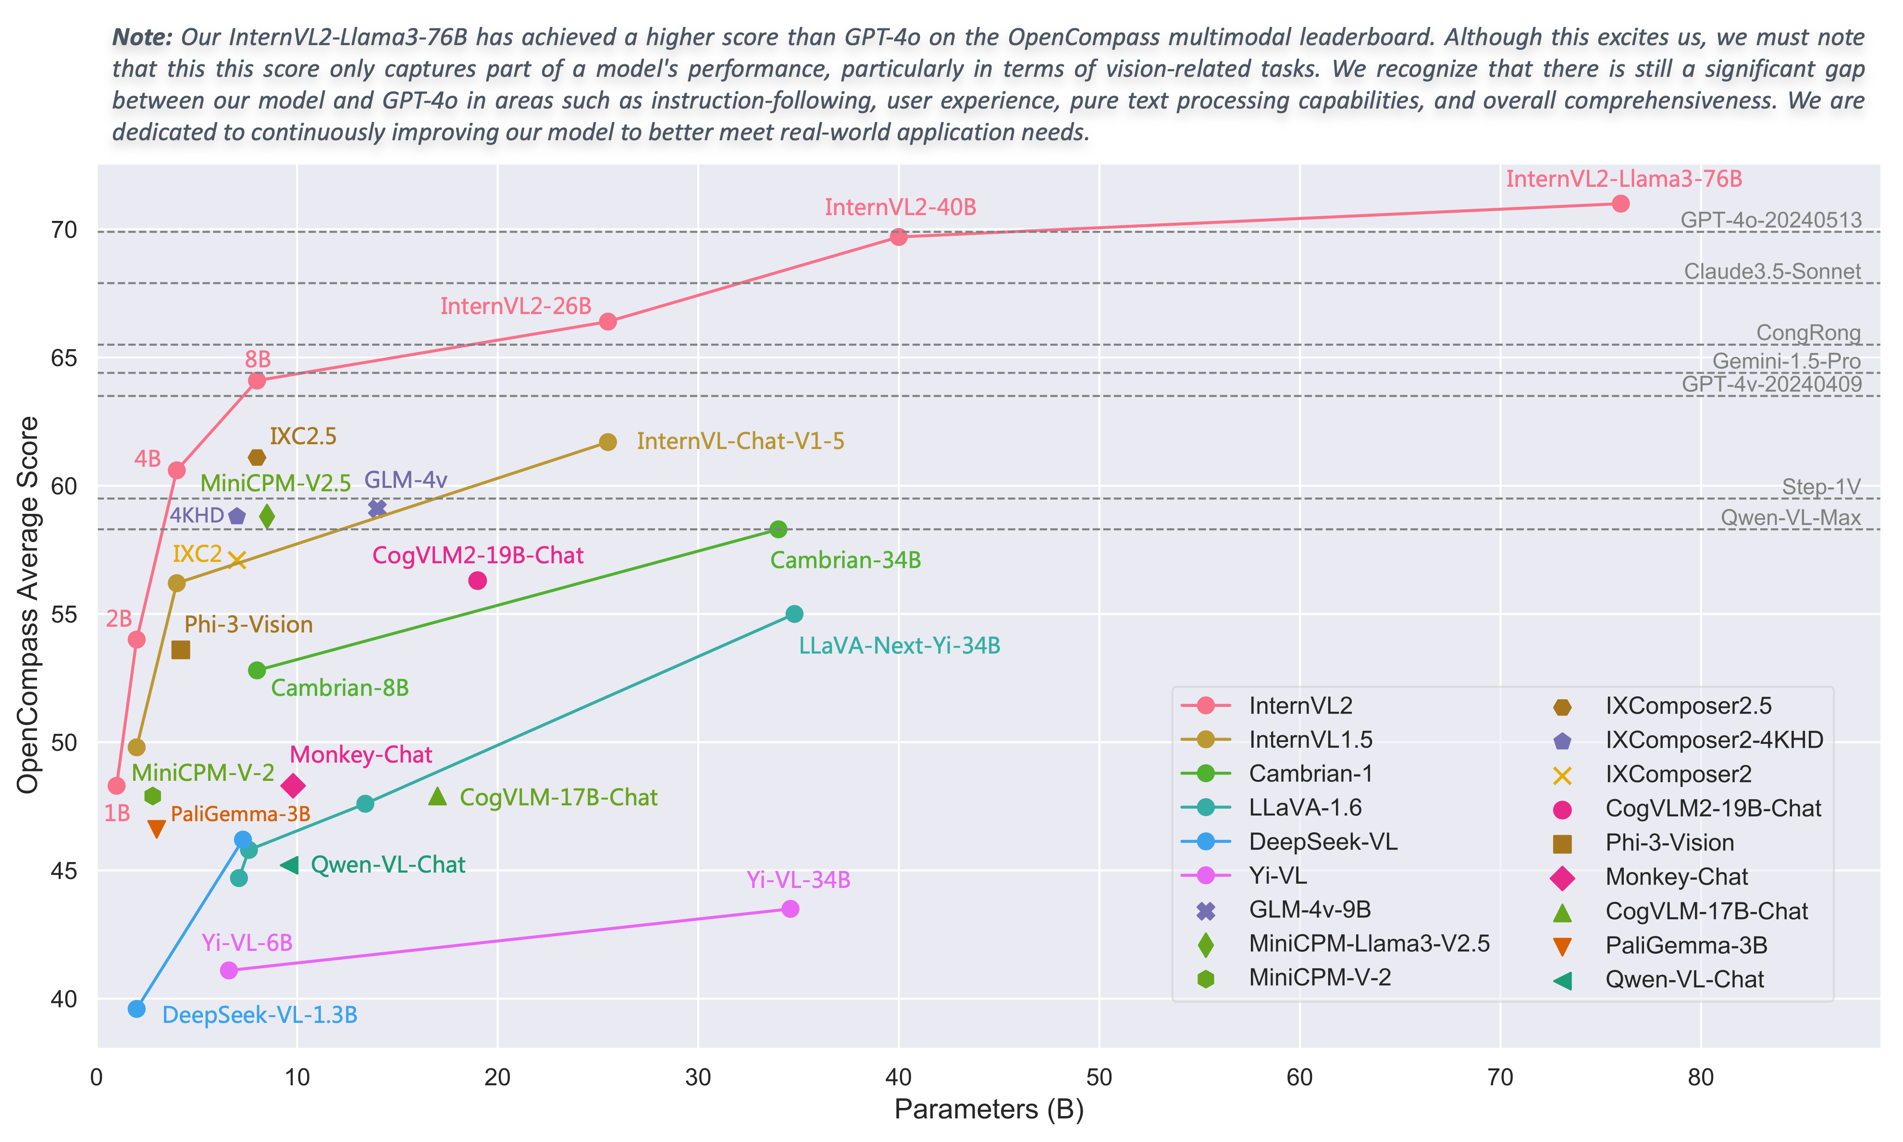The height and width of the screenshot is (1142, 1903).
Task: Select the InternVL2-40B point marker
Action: [898, 237]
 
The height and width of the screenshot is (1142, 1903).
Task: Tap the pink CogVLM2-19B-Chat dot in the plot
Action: [477, 580]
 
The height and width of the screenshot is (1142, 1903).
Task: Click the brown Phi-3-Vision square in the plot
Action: [180, 650]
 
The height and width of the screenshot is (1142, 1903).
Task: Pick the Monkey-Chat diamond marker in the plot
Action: [293, 786]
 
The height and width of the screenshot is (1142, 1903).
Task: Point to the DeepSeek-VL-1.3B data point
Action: [136, 1009]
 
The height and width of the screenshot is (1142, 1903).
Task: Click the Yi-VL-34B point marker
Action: [790, 909]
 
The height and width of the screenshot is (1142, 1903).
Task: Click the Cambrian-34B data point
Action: [778, 529]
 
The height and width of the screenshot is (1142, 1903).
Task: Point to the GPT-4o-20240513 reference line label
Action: [1770, 220]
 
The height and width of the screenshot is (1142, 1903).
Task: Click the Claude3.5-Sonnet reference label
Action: [1772, 272]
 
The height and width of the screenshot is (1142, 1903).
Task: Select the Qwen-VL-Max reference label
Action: [1791, 518]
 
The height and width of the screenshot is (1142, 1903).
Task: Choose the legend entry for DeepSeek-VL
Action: [1322, 842]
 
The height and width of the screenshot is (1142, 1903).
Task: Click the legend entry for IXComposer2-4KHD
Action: [1714, 741]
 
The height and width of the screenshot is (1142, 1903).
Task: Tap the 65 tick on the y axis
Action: [65, 359]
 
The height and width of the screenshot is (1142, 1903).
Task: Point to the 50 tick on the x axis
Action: [1099, 1077]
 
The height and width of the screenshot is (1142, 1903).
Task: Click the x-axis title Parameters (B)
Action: [989, 1109]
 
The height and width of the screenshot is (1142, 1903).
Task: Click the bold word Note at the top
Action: [142, 37]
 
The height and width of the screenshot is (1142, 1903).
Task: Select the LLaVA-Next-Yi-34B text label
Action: [899, 645]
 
